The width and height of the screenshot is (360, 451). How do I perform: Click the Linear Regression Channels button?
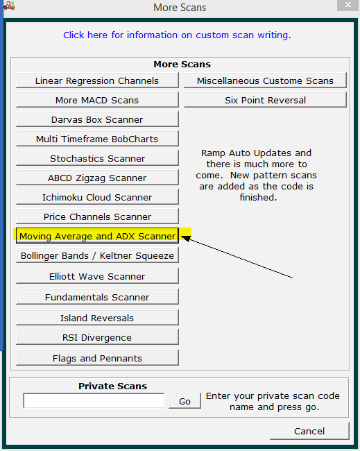click(x=97, y=80)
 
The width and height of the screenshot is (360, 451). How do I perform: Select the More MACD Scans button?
click(x=97, y=100)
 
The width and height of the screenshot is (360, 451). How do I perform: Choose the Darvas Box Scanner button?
click(x=97, y=119)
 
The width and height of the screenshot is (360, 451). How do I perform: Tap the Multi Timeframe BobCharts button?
click(x=97, y=139)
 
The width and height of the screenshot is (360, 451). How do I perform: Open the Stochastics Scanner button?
click(x=97, y=158)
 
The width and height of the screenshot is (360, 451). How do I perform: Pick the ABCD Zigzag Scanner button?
click(x=97, y=178)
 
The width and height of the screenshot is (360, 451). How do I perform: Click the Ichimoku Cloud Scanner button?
click(x=97, y=197)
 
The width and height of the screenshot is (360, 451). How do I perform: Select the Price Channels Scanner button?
click(x=97, y=216)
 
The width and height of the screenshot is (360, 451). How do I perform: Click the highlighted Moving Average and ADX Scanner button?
click(x=97, y=236)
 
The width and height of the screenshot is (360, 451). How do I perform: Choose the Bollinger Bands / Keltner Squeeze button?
click(x=97, y=255)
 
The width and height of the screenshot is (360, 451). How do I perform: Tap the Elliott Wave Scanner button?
click(x=97, y=276)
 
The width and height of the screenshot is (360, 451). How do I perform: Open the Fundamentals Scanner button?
click(x=97, y=297)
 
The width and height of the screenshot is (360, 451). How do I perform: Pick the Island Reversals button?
click(x=97, y=318)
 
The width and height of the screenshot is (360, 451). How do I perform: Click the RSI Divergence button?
click(x=97, y=337)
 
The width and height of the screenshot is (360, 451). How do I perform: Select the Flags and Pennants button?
click(x=97, y=358)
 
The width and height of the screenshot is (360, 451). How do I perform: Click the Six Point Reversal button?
click(x=265, y=100)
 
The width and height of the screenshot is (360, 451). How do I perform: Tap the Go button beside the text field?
click(x=185, y=401)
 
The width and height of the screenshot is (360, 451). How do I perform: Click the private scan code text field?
click(x=94, y=400)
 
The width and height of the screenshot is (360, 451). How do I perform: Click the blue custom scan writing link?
click(x=177, y=35)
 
